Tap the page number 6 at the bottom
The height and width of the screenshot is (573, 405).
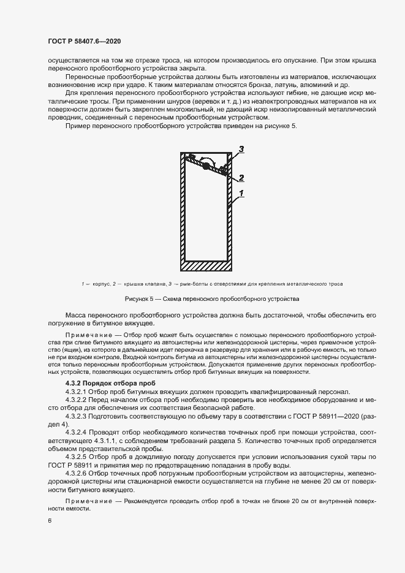(50, 520)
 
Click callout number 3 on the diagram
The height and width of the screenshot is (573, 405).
(241, 149)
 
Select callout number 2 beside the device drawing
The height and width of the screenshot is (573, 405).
(241, 178)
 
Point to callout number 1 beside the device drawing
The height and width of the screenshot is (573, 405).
(241, 193)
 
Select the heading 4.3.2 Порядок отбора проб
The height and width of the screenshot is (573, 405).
(101, 382)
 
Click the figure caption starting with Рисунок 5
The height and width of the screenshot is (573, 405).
(212, 298)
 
